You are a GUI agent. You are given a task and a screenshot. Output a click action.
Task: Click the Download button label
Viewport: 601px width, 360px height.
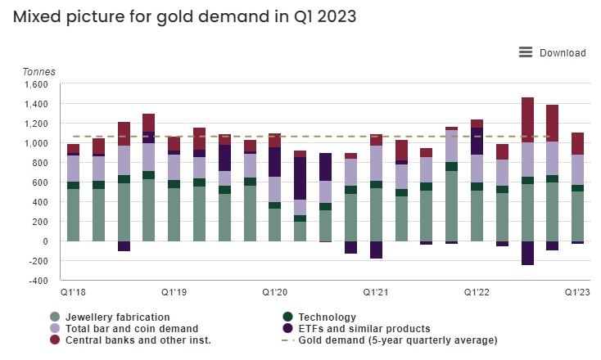[x=563, y=53]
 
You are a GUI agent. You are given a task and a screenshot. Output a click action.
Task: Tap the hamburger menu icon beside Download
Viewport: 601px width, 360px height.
[x=526, y=52]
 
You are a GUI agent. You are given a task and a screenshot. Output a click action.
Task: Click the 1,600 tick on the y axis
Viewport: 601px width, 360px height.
[x=37, y=84]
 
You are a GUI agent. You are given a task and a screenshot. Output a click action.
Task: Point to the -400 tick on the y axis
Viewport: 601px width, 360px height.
[x=38, y=281]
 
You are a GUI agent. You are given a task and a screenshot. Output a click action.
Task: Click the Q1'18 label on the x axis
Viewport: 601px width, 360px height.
[x=72, y=292]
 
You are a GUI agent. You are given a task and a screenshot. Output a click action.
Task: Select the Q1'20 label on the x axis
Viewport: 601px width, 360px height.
[x=274, y=292]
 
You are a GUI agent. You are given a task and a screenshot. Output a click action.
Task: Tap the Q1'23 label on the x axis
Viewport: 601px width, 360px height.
[x=576, y=292]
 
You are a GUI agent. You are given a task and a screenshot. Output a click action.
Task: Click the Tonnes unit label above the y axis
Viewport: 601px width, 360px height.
[x=38, y=71]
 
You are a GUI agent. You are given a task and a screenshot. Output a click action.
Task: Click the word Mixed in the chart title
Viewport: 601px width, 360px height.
[x=34, y=16]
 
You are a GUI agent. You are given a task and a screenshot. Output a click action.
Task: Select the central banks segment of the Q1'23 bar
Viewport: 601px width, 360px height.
[x=577, y=143]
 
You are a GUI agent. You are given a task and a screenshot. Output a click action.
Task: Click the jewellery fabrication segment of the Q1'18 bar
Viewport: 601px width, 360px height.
[x=74, y=215]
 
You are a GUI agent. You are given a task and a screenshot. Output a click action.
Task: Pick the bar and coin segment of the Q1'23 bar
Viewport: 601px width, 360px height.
[x=577, y=169]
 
